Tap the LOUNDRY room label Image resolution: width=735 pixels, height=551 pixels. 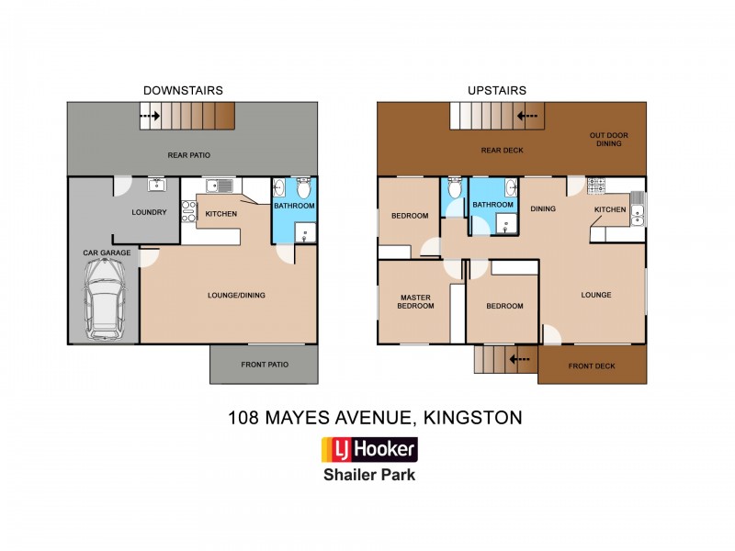(x=149, y=212)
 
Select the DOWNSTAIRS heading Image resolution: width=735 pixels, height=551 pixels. (x=183, y=90)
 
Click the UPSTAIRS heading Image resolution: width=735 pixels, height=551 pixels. (x=497, y=90)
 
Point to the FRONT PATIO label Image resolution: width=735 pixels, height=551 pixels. (x=265, y=365)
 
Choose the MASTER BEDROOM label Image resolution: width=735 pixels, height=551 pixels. (x=415, y=301)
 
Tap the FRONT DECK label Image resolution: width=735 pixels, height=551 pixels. (x=592, y=365)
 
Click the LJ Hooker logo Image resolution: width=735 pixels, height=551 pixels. (x=368, y=450)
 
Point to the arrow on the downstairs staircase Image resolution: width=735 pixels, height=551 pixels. (x=150, y=117)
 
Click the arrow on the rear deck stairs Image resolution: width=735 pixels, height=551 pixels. (x=526, y=117)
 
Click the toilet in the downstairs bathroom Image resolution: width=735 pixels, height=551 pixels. (x=305, y=188)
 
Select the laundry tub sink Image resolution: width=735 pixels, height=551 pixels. (x=156, y=186)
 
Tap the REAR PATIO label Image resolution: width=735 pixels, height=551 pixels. (x=187, y=155)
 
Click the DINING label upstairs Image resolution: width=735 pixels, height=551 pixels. (x=543, y=208)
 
